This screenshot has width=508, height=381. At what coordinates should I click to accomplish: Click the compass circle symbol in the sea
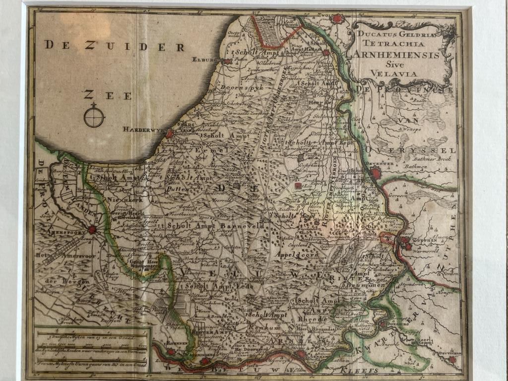(x=94, y=117)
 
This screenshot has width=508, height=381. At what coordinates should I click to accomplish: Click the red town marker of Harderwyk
(x=169, y=133)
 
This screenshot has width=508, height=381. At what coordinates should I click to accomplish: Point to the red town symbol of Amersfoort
(x=92, y=229)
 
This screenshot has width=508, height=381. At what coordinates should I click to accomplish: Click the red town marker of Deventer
(x=376, y=173)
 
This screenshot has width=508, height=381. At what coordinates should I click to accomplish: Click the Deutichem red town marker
(x=451, y=359)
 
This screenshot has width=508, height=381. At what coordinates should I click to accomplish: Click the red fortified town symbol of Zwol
(x=338, y=19)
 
